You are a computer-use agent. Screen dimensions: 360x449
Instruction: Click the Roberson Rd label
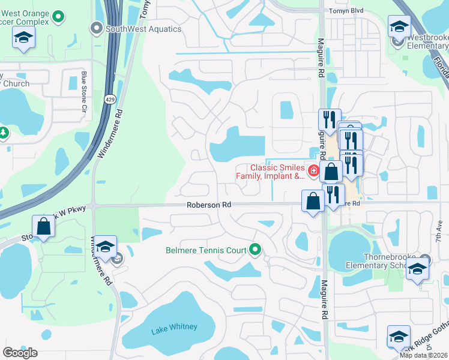tap(209, 205)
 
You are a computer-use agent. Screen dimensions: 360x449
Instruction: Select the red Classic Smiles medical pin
tap(313, 172)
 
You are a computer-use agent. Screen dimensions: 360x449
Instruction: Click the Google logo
tap(20, 353)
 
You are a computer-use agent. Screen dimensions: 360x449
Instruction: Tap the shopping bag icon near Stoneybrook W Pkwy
tap(43, 227)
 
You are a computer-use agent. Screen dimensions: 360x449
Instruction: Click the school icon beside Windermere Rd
tap(105, 248)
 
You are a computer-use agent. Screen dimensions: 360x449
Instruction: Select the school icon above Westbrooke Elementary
tap(399, 27)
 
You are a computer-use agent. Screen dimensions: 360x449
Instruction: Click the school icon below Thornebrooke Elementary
tap(417, 270)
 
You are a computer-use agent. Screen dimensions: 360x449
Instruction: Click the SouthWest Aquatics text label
tap(143, 28)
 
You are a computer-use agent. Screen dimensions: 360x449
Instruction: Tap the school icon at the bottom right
tap(399, 337)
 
